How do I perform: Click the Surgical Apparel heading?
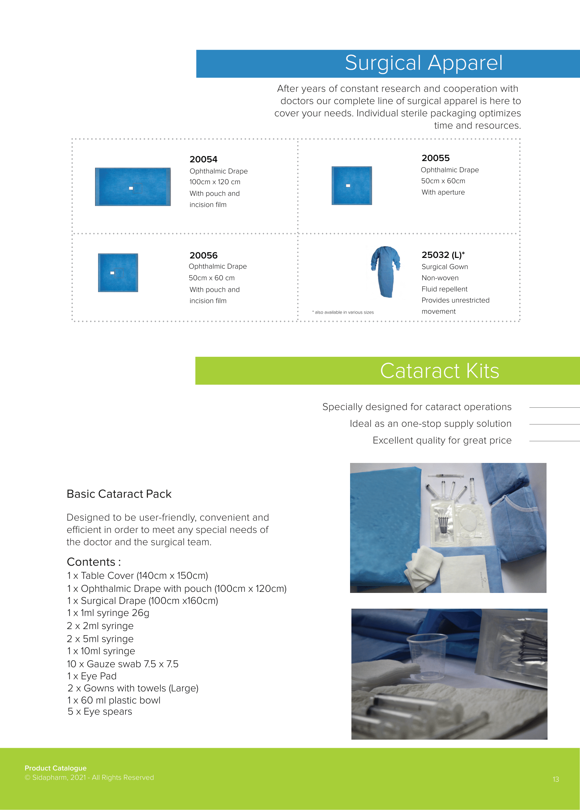[423, 63]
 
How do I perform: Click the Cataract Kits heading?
[439, 371]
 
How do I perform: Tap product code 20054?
[203, 159]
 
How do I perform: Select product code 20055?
[435, 158]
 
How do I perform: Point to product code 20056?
[203, 255]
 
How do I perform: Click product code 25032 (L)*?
[442, 255]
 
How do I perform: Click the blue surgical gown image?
[385, 271]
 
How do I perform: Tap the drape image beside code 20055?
[351, 186]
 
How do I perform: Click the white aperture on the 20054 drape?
[131, 188]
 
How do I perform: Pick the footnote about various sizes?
[343, 312]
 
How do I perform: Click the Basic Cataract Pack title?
[119, 494]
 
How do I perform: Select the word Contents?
[91, 562]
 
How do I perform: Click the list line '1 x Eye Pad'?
[92, 676]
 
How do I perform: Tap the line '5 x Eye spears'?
[100, 712]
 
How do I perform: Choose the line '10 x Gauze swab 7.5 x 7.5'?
[122, 664]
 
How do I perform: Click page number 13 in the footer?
[555, 779]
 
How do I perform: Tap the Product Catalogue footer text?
[55, 768]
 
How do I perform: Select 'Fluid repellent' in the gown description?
[444, 289]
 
